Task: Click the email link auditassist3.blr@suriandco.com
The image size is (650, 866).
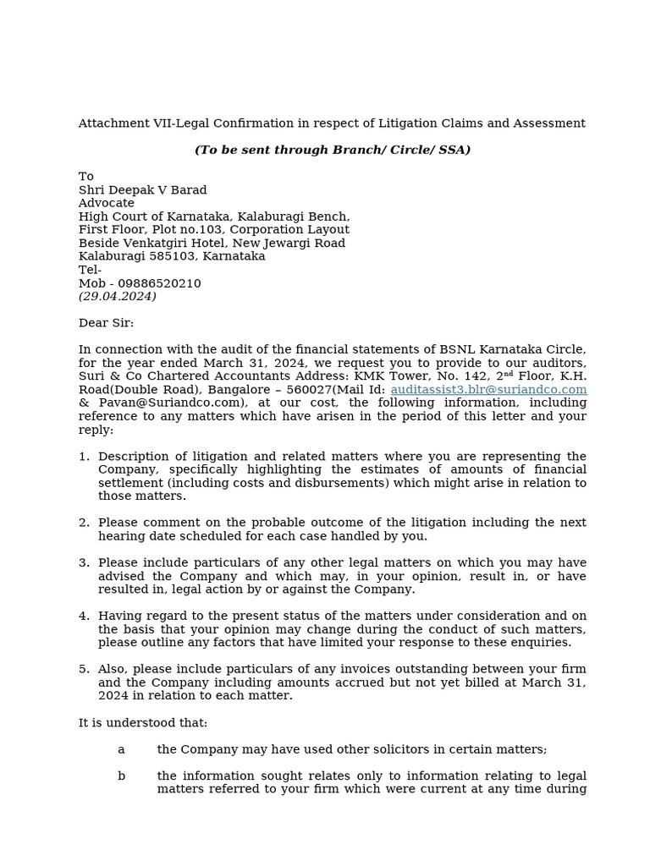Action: (x=488, y=389)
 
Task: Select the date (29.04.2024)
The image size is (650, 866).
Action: (x=117, y=297)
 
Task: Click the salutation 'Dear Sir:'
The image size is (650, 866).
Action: (x=106, y=323)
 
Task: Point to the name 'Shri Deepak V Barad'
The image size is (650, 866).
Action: (x=142, y=189)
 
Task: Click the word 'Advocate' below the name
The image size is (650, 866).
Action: (x=107, y=203)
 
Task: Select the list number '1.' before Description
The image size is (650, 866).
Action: (x=84, y=457)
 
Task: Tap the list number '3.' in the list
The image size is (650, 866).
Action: (x=84, y=563)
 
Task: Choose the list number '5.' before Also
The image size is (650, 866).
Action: (x=84, y=669)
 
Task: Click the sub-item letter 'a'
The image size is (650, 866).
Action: (x=121, y=749)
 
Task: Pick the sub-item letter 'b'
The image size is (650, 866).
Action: (x=121, y=776)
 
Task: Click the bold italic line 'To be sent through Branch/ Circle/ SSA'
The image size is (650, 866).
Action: (x=333, y=150)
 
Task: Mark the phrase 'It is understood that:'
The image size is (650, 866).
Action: (x=143, y=723)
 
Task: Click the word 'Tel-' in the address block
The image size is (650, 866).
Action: (x=90, y=270)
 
